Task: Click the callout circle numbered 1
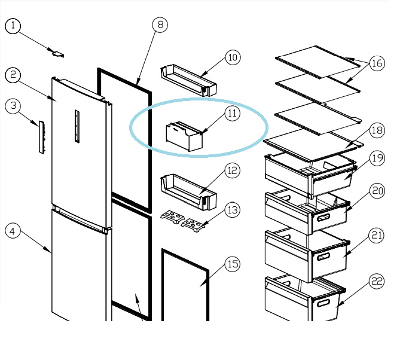[14, 26]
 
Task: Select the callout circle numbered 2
[14, 75]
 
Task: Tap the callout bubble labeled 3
[14, 106]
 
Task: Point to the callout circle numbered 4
[14, 230]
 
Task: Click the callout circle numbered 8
[160, 25]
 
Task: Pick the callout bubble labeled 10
[233, 57]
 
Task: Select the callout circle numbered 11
[233, 112]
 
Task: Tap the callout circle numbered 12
[233, 170]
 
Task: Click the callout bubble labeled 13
[233, 210]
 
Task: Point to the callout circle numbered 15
[233, 264]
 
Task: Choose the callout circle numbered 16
[377, 63]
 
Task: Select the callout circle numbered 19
[377, 158]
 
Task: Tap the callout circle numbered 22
[377, 282]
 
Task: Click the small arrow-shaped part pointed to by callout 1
[57, 54]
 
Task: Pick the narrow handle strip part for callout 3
[41, 137]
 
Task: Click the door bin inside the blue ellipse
[184, 136]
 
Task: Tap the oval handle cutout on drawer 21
[323, 257]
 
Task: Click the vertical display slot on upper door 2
[77, 126]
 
